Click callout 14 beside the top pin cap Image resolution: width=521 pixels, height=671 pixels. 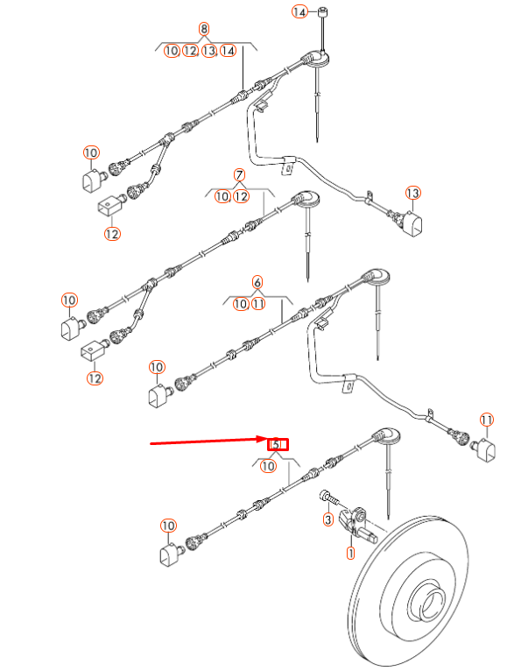pos(299,11)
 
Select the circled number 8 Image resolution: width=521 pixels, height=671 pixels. pos(205,29)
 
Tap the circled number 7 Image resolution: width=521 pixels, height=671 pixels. pos(238,175)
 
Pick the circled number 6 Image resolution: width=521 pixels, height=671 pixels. pos(257,282)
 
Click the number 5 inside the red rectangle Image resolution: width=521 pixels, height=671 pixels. pos(277,444)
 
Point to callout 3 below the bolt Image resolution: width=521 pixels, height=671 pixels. pos(327,521)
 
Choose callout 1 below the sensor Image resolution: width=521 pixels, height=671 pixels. pos(350,553)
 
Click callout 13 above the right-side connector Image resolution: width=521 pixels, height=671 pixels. pos(413,193)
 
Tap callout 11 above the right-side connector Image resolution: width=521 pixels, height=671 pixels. pos(486,420)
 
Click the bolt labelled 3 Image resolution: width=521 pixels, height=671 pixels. pos(327,497)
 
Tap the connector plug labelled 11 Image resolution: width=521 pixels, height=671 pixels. pos(486,450)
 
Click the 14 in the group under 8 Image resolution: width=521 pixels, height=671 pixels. pos(228,51)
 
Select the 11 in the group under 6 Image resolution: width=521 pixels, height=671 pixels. pos(258,304)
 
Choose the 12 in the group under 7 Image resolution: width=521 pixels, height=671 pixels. pos(242,197)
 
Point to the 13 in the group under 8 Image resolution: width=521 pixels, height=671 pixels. pos(209,51)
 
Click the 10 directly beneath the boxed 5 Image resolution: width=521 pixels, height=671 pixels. pos(268,467)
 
